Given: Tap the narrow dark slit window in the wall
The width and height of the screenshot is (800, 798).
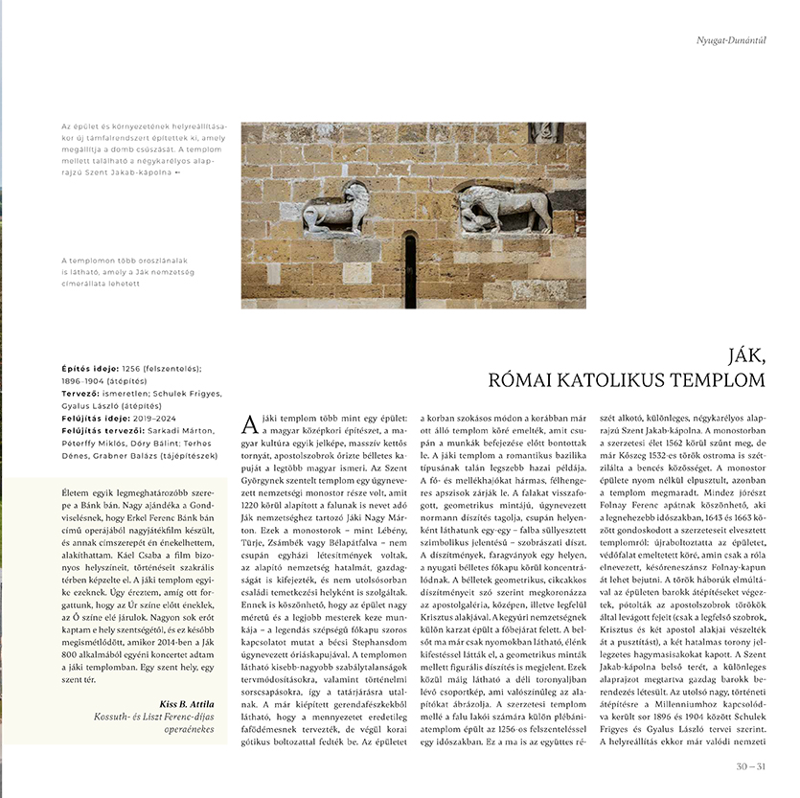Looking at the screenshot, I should tap(410, 270).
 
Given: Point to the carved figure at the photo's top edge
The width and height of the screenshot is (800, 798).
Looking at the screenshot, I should tap(545, 132).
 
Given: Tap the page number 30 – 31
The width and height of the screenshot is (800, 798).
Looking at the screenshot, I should tap(751, 765).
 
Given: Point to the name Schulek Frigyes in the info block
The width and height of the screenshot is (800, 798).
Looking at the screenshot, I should tap(194, 393).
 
